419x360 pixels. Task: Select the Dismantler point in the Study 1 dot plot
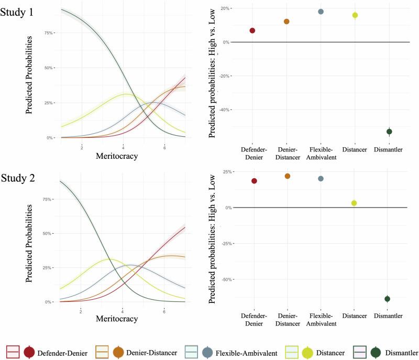[389, 132]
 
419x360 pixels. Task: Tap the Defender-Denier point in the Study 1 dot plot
[252, 30]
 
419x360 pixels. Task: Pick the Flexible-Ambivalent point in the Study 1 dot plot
[321, 12]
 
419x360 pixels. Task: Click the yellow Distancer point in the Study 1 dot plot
[355, 15]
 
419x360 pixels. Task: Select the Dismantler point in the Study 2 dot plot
[388, 299]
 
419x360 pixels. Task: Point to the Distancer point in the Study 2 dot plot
[354, 203]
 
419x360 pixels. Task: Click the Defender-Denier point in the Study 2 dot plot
[254, 181]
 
